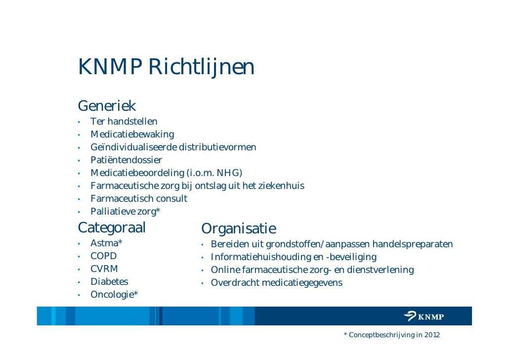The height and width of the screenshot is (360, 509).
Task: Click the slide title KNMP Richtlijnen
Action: click(x=166, y=68)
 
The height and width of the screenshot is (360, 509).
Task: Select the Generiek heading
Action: click(x=107, y=106)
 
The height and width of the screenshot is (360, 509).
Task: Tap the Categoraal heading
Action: click(x=112, y=227)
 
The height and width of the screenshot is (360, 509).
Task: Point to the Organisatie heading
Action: click(x=238, y=229)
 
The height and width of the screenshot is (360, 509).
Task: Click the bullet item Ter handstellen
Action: click(x=124, y=121)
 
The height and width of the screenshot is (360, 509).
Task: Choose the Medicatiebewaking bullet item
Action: click(x=132, y=135)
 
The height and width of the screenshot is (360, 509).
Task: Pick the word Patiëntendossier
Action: click(x=126, y=160)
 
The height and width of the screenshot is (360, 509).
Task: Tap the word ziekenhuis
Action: click(x=281, y=186)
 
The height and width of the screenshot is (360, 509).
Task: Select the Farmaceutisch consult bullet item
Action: click(x=139, y=199)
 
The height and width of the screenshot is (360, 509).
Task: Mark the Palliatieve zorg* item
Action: click(x=126, y=212)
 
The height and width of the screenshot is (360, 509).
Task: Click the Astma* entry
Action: click(x=106, y=243)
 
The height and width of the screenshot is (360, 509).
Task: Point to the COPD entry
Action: click(x=103, y=256)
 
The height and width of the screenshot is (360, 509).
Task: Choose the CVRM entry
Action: click(x=104, y=269)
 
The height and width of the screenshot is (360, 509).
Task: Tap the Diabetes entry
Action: click(x=109, y=282)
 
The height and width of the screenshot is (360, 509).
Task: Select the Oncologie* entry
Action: click(x=114, y=295)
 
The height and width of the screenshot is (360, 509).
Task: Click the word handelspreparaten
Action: click(x=412, y=244)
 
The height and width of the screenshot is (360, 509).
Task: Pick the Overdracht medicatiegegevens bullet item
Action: click(x=276, y=283)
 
